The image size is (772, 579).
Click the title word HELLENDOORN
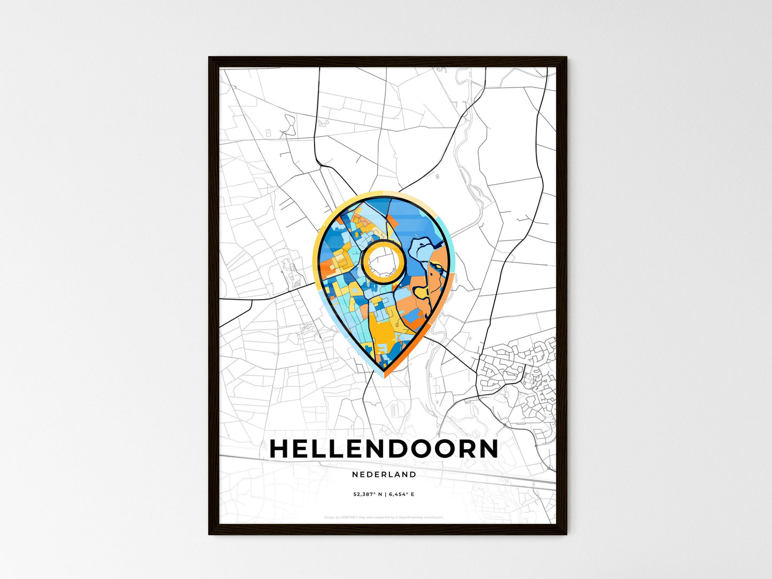click(384, 449)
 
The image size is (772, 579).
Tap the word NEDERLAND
click(384, 474)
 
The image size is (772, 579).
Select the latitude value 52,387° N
click(368, 494)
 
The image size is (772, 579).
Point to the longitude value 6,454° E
click(400, 494)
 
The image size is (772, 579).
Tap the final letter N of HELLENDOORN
click(487, 449)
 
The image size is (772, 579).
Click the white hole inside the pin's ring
click(383, 262)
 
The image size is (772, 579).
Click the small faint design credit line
click(384, 517)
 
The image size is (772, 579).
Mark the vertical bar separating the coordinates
click(385, 494)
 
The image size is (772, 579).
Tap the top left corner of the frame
click(210, 58)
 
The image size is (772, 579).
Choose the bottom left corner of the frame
click(210, 533)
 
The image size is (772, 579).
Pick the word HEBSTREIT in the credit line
click(349, 517)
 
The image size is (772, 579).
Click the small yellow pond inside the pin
click(422, 292)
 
